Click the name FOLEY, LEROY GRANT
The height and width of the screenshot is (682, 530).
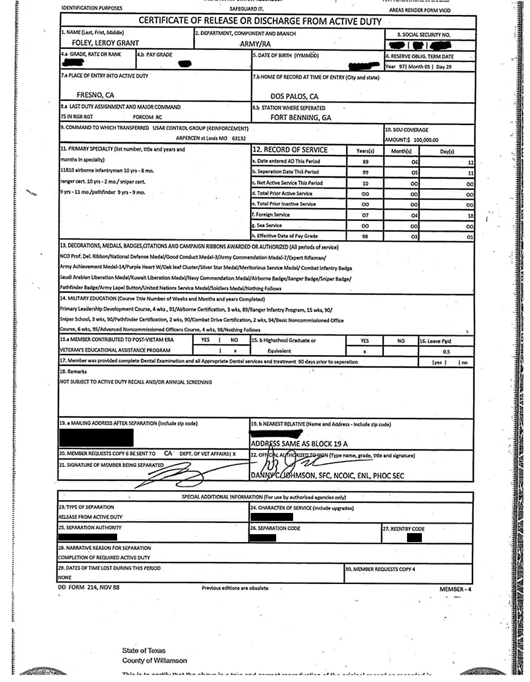105,43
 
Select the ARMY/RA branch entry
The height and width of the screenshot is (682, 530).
255,45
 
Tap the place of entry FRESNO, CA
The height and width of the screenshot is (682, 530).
95,95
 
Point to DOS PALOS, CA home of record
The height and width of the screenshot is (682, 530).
294,96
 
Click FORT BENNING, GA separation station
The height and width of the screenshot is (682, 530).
301,118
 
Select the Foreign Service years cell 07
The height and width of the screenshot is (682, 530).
365,215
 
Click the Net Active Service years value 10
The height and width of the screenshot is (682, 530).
365,183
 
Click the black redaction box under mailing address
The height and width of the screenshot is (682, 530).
96,438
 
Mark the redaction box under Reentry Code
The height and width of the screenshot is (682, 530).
415,537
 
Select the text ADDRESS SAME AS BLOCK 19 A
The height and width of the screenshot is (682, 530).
299,444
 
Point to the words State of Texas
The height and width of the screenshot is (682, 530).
144,651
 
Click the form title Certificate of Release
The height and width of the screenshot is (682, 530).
260,21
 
